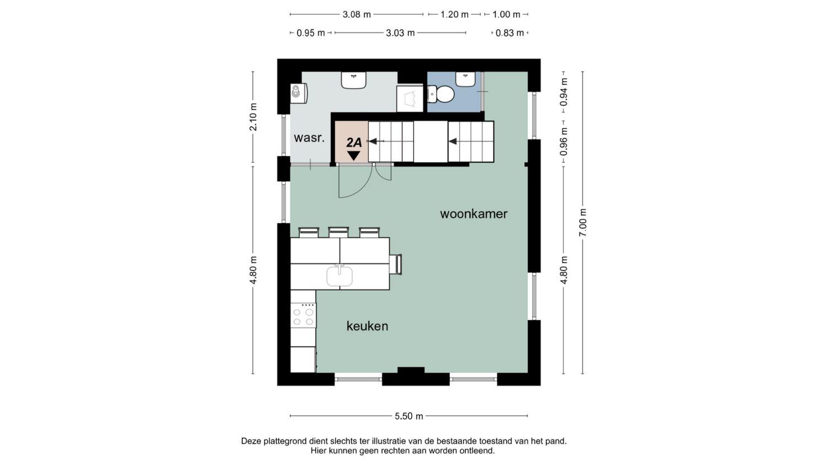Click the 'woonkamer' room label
474,214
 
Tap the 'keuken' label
367,326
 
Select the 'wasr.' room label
309,138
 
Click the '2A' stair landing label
354,142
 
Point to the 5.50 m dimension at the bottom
409,416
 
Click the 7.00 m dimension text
582,223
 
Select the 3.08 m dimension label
357,14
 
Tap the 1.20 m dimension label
455,14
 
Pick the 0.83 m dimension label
509,33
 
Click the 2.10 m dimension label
253,117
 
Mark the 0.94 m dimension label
564,92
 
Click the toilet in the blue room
440,94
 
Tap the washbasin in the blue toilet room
465,79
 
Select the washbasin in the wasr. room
353,80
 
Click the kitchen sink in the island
339,276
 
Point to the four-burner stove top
303,315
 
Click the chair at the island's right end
396,264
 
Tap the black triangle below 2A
354,156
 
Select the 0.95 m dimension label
311,33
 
